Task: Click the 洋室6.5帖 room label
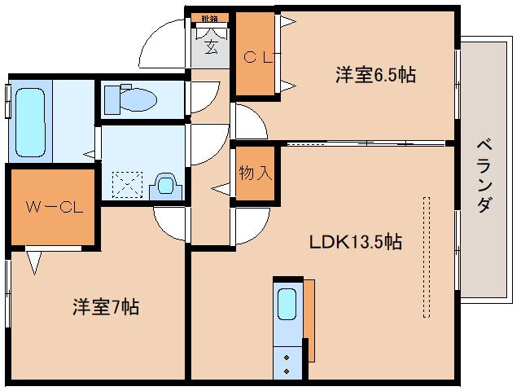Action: pos(375,76)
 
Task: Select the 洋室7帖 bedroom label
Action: pos(105,308)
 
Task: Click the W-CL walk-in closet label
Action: pos(53,207)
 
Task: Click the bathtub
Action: pos(30,121)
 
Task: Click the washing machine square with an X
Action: pos(126,182)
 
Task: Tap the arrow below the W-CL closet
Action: pos(34,261)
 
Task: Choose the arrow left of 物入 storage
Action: pos(221,188)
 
